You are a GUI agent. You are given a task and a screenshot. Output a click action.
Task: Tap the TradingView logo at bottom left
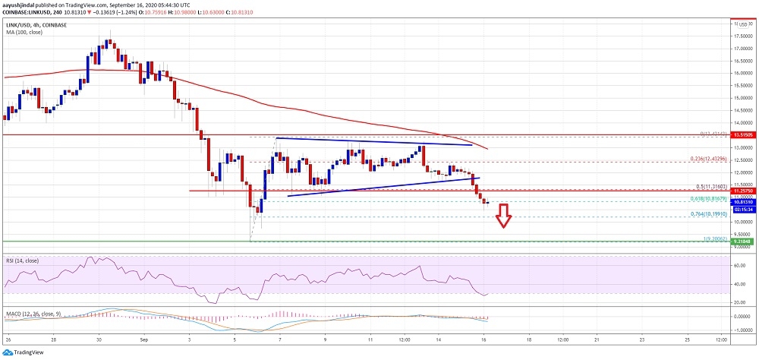point(24,352)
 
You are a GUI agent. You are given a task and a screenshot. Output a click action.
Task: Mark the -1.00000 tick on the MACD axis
point(742,330)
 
